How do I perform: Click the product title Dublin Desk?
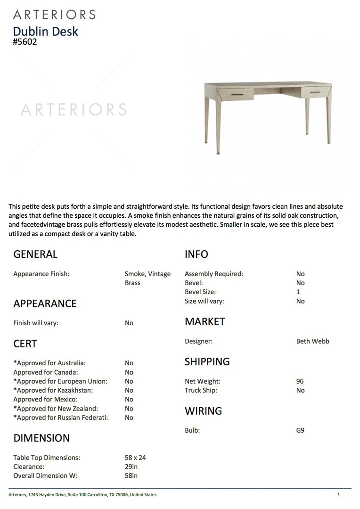coord(45,32)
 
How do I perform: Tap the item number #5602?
coord(25,41)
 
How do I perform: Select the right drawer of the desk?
coord(316,93)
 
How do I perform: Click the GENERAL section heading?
coord(35,254)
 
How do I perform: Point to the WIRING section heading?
coord(203,411)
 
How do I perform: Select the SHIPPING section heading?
coord(207,362)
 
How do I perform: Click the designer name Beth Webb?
coord(313,341)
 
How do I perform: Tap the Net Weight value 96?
coord(300,381)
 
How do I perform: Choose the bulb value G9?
coord(300,430)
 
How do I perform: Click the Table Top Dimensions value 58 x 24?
coord(135,458)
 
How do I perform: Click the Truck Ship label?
coord(201,390)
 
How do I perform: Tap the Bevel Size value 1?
coord(298,292)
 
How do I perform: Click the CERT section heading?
coord(25,344)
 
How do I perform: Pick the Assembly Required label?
coord(214,274)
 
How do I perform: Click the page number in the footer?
coord(338,494)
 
